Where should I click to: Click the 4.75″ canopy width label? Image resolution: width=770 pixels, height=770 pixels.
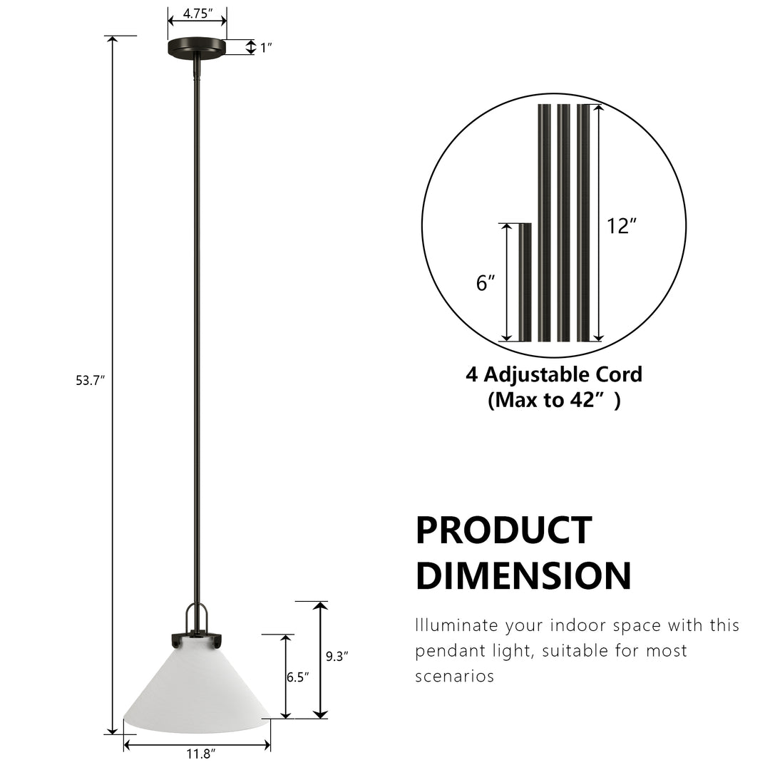198,14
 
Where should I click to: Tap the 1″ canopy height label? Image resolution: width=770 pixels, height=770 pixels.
266,48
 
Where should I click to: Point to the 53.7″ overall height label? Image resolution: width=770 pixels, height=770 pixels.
91,381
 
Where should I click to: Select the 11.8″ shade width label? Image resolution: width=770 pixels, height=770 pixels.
201,754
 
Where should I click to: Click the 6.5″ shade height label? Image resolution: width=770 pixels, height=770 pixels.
298,677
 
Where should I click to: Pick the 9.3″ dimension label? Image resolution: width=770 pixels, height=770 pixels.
337,657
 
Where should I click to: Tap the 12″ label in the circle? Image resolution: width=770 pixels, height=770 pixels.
622,226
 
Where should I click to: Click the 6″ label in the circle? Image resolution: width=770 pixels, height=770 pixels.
486,283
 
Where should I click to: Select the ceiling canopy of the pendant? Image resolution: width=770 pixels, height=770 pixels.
197,46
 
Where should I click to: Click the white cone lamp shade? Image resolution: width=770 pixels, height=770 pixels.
197,689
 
